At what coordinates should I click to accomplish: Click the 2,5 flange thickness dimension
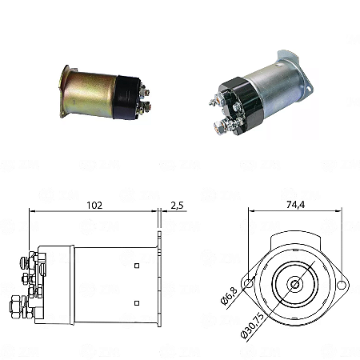[x=177, y=205]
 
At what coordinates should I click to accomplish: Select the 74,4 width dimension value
[x=296, y=205]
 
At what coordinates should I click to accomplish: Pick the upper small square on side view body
[x=137, y=266]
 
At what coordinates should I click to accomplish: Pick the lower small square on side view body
[x=137, y=301]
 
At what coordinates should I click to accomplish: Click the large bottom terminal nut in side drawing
[x=17, y=306]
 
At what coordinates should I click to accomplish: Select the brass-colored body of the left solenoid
[x=88, y=92]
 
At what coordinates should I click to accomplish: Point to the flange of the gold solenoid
[x=62, y=92]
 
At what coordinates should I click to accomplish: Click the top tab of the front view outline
[x=296, y=236]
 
